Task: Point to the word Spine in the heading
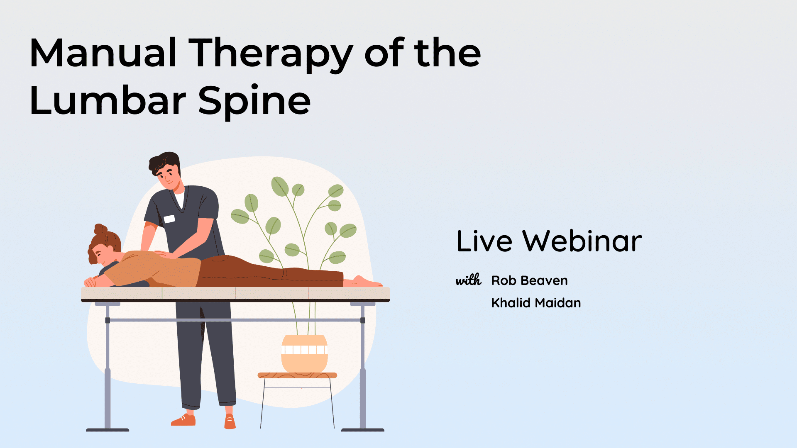pyautogui.click(x=254, y=102)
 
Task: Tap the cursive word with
pyautogui.click(x=469, y=280)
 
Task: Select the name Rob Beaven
pyautogui.click(x=529, y=281)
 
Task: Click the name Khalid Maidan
pyautogui.click(x=536, y=303)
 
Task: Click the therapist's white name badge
pyautogui.click(x=169, y=219)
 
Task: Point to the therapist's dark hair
pyautogui.click(x=165, y=162)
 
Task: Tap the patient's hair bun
pyautogui.click(x=100, y=229)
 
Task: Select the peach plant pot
pyautogui.click(x=305, y=353)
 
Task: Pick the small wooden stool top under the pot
pyautogui.click(x=297, y=375)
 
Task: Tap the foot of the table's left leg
pyautogui.click(x=108, y=430)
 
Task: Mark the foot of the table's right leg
pyautogui.click(x=363, y=430)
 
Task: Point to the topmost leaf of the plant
pyautogui.click(x=280, y=186)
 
